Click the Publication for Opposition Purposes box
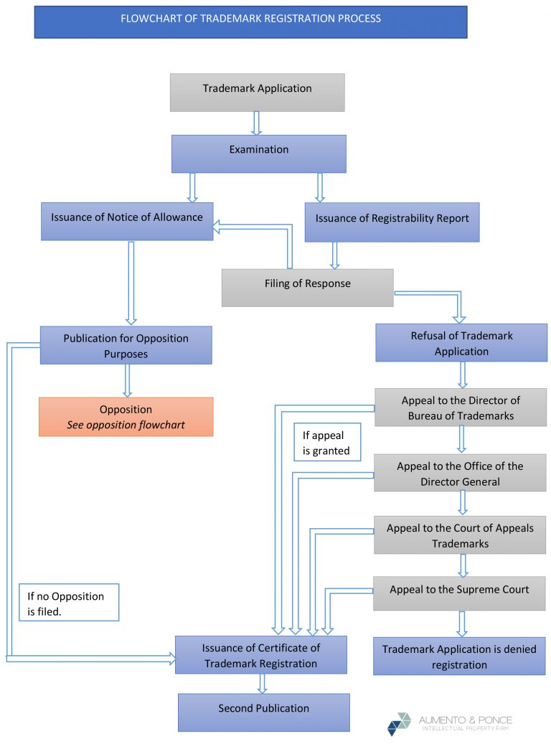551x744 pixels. [x=126, y=345]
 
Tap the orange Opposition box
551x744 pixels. [x=126, y=417]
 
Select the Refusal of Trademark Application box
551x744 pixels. [x=461, y=343]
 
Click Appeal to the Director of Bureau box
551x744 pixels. [x=460, y=407]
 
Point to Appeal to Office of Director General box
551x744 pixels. [x=459, y=473]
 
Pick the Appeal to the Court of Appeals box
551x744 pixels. [x=459, y=535]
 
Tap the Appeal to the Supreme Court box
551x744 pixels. [x=458, y=593]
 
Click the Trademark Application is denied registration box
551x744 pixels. [x=458, y=656]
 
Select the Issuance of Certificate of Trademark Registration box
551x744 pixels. [x=260, y=655]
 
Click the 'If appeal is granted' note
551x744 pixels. [x=326, y=442]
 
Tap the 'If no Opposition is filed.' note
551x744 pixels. [x=69, y=602]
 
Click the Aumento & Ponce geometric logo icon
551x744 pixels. [x=399, y=724]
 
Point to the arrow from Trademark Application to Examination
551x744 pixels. [x=257, y=123]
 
